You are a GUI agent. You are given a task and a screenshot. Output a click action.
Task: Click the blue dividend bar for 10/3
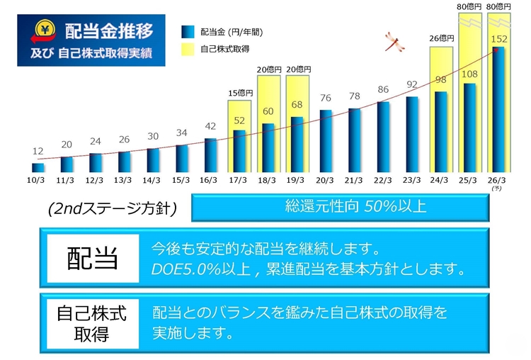(38, 168)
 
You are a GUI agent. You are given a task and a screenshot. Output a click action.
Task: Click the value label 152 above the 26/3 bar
(499, 40)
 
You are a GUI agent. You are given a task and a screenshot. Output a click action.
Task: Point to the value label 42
(210, 126)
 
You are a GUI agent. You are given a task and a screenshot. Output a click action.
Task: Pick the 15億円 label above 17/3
(239, 93)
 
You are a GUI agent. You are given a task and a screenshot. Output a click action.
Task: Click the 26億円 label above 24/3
(441, 39)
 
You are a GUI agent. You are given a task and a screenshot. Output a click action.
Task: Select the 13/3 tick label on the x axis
(124, 180)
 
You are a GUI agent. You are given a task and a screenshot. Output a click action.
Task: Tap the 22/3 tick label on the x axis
(383, 180)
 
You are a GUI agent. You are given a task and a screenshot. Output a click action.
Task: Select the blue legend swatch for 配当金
(188, 32)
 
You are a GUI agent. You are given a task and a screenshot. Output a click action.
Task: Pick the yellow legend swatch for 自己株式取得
(188, 49)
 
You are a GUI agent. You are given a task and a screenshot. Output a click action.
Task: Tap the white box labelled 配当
(92, 257)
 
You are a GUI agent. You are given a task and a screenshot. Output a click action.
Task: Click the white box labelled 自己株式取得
(92, 322)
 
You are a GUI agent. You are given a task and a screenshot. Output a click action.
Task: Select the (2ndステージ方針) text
(113, 209)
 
